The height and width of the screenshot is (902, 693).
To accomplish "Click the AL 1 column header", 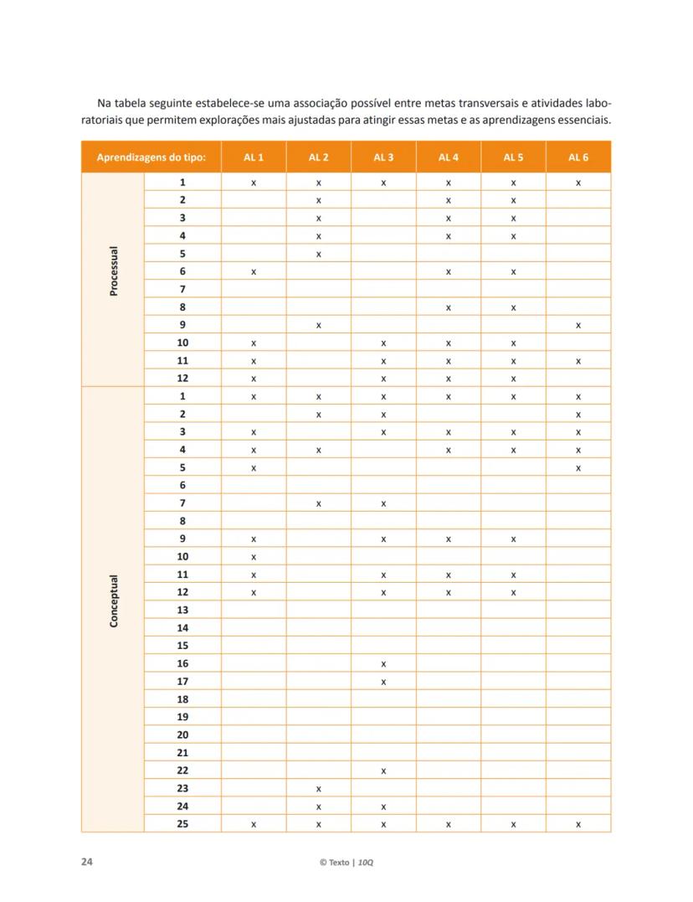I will (254, 157).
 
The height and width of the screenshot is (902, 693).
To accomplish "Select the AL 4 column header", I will (449, 157).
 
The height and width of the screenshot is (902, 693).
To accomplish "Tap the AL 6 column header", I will (578, 157).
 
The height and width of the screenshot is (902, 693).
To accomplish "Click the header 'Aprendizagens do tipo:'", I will (151, 157).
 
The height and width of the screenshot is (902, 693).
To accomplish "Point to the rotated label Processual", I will (114, 271).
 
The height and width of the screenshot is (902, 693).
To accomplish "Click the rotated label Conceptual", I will (114, 600).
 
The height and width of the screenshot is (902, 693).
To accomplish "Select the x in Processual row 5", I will (319, 254).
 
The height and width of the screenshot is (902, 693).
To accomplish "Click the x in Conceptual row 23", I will (319, 789).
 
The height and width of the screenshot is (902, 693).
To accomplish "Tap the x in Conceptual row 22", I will (383, 771).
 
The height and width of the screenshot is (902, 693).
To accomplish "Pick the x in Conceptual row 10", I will (254, 557).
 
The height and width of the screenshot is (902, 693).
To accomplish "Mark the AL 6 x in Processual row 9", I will (578, 325).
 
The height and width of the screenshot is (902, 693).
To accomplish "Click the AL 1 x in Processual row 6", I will (254, 271).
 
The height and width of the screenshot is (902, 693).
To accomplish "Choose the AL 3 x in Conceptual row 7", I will (383, 503).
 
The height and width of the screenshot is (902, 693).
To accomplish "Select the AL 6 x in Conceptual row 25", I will (578, 824).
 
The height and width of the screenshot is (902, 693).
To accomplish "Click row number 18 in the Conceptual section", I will (182, 699).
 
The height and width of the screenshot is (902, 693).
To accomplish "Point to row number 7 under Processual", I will (182, 289).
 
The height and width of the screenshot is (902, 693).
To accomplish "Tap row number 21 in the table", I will (182, 753).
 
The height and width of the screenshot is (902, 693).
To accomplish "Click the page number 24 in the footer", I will (87, 862).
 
